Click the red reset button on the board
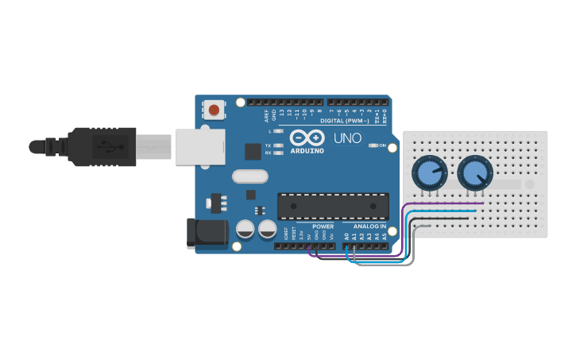click(x=215, y=109)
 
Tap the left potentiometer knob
click(x=428, y=171)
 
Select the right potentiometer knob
click(x=474, y=171)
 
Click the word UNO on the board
click(x=347, y=138)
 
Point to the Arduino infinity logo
click(x=307, y=137)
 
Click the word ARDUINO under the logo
click(x=307, y=150)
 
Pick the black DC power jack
click(x=206, y=232)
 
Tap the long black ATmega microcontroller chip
click(x=333, y=206)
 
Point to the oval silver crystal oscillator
click(x=250, y=176)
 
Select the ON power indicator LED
click(x=372, y=145)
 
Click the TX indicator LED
click(x=279, y=145)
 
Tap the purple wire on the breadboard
click(x=445, y=204)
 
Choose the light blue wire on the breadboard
click(x=445, y=211)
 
